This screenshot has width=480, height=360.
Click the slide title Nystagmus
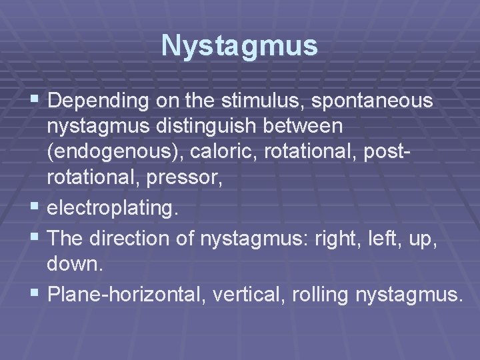click(x=239, y=46)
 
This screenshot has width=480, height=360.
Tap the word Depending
click(x=91, y=101)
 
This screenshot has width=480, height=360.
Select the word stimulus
click(x=249, y=101)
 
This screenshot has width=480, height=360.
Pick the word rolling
click(x=312, y=294)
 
